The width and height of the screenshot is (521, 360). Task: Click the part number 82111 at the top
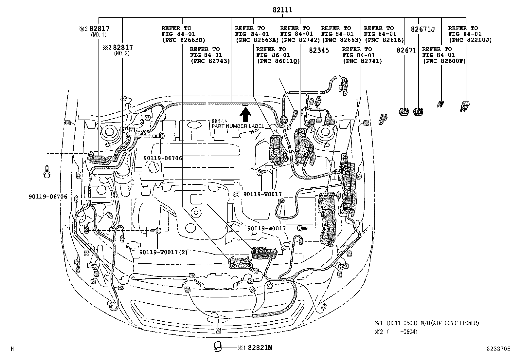282,10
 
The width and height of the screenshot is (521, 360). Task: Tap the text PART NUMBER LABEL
238,126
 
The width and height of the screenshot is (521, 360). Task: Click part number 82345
318,50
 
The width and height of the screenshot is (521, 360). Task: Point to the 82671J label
423,29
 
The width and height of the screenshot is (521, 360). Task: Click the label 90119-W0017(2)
163,252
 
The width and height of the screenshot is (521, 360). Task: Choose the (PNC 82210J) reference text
470,40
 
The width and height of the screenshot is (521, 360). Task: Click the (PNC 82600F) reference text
444,61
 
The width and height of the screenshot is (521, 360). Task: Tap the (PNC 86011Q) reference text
278,61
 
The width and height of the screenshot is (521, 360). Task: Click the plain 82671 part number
406,50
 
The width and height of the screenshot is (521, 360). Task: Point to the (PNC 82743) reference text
210,61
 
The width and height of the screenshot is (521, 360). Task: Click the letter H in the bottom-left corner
12,349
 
